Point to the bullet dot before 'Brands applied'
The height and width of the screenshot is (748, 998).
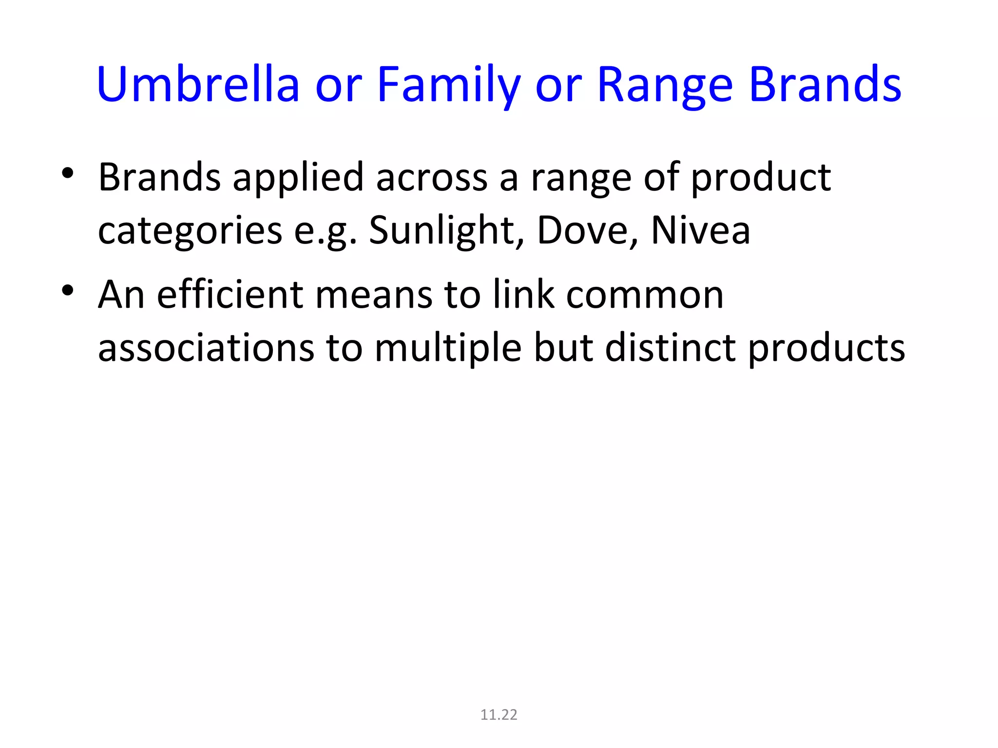tap(68, 173)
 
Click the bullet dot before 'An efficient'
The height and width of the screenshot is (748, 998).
tap(68, 291)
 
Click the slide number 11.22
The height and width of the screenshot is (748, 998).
tap(499, 714)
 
